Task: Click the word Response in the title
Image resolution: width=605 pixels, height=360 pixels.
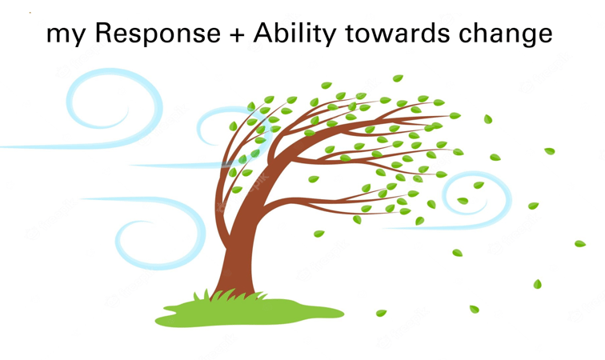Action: (x=158, y=33)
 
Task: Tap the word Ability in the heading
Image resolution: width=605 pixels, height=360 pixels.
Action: (x=294, y=33)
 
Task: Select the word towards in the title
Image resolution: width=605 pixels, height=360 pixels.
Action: (x=398, y=33)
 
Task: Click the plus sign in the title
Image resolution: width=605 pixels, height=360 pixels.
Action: (x=237, y=34)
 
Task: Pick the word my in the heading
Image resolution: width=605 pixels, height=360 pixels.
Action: (x=66, y=35)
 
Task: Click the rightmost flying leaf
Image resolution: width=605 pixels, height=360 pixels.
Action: (x=580, y=243)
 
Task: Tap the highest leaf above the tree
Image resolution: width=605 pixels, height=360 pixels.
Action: (x=398, y=78)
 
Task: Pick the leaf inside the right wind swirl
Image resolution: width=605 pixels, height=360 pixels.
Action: (x=463, y=201)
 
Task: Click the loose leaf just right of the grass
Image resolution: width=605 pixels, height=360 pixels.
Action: (x=381, y=313)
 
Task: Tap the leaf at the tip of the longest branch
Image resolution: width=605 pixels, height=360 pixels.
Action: (x=455, y=115)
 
